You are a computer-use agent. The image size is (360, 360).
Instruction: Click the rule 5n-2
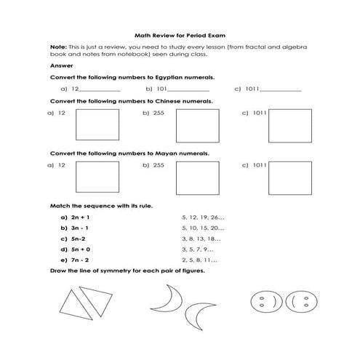point(78,238)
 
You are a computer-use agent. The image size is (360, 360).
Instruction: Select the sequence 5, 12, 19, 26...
point(202,217)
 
